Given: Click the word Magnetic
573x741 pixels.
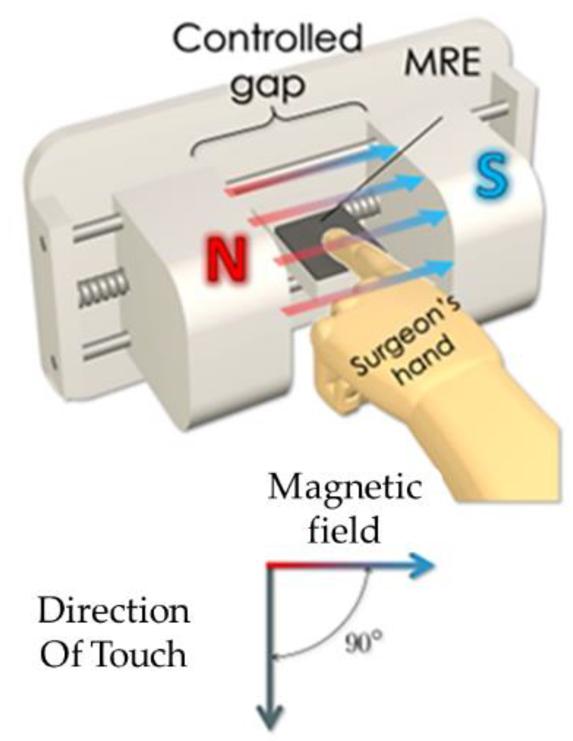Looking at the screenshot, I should click(345, 488).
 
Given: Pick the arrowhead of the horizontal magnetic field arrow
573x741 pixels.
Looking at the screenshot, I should click(423, 566).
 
